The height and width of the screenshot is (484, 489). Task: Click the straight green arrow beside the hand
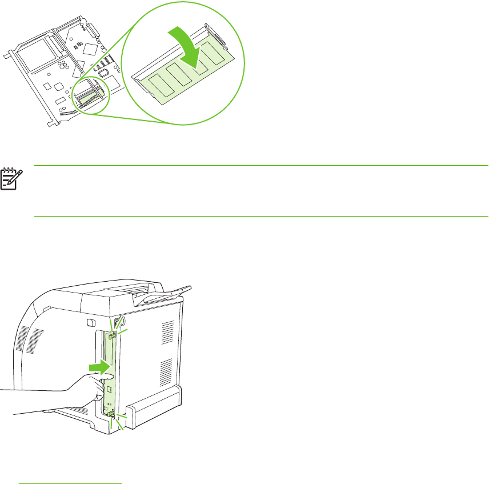coord(99,366)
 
